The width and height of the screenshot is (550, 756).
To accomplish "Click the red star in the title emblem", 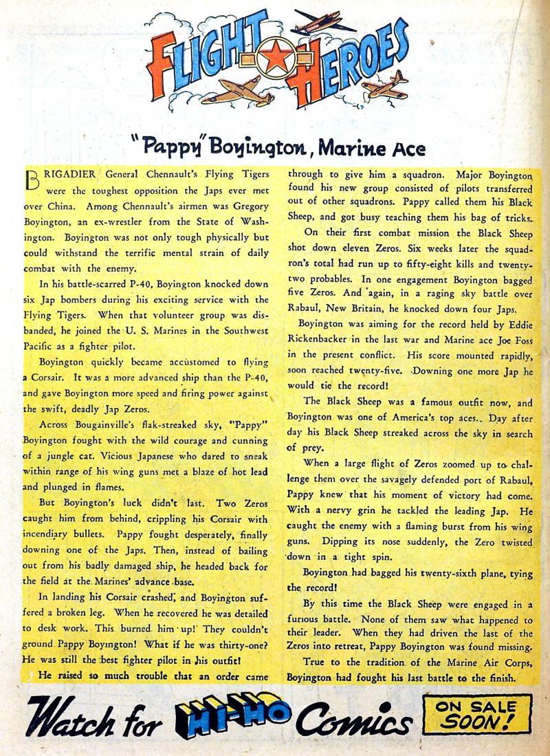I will [x=276, y=60].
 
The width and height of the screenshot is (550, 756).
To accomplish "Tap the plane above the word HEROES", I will [x=327, y=23].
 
